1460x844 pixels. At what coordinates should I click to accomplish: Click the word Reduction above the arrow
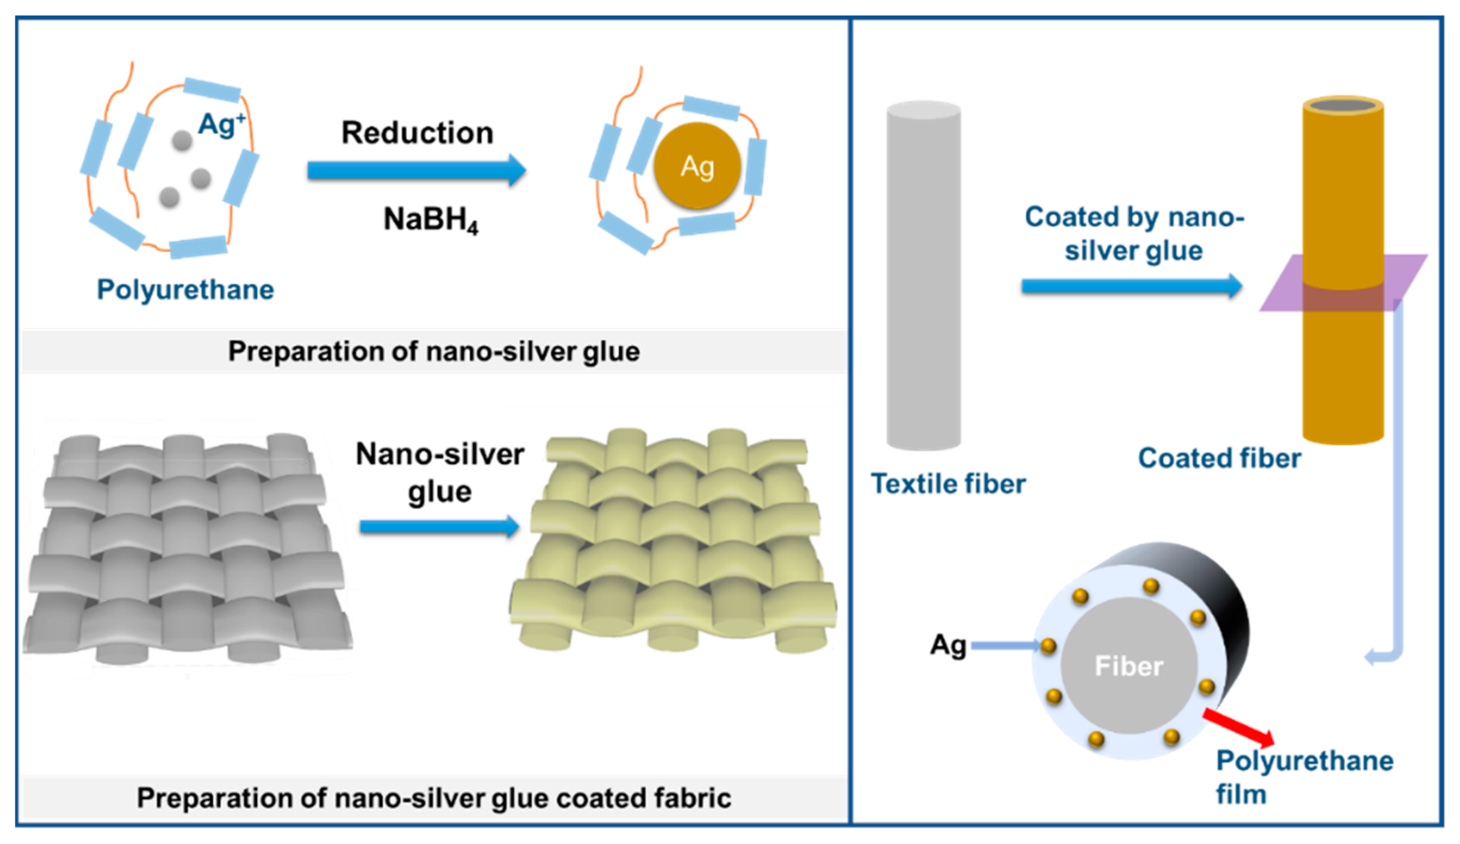tap(417, 133)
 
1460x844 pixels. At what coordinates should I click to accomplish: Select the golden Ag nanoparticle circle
tap(697, 166)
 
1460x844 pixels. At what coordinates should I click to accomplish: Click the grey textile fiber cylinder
tap(924, 276)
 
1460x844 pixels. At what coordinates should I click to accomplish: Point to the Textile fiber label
tap(948, 484)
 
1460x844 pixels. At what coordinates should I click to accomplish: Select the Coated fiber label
tap(1219, 458)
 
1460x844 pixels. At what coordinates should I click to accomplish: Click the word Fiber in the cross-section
tap(1129, 666)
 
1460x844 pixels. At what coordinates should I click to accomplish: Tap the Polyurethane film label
tap(1304, 777)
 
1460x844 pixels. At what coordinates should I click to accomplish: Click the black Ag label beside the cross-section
tap(948, 644)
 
